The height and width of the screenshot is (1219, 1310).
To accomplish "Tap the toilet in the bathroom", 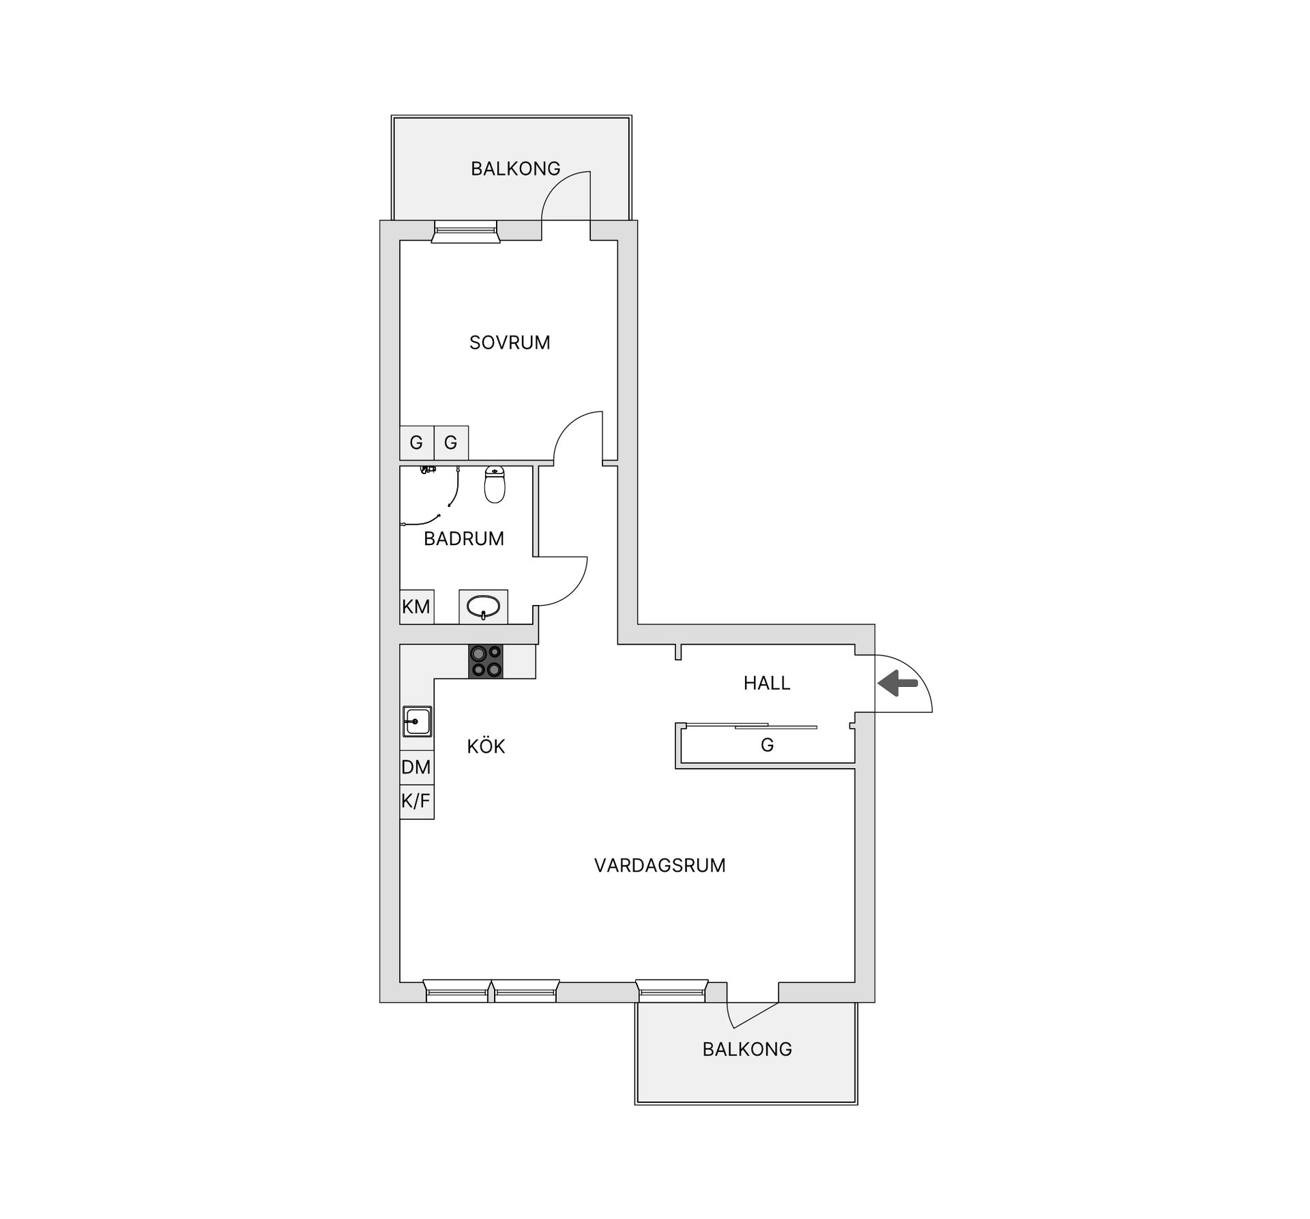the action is coord(495,484).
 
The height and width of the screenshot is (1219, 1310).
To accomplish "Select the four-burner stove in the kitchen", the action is coord(485,661).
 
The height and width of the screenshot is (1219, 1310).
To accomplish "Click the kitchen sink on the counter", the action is coord(417,721).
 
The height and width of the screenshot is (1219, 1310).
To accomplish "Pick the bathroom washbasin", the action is coord(483,606).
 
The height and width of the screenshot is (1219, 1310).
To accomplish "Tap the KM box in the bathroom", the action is coord(416,606).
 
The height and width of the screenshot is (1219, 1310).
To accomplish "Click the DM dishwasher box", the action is coord(416,767).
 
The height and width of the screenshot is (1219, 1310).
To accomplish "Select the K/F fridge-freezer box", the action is coord(416,801).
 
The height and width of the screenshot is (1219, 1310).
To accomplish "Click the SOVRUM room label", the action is coord(510,342).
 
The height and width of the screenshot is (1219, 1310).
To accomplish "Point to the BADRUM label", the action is coord(464,539).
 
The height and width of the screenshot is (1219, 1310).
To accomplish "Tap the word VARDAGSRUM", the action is coord(660,866).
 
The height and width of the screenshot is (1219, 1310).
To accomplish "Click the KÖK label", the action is coord(486,746).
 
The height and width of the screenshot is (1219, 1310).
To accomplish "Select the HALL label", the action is coord(767,683).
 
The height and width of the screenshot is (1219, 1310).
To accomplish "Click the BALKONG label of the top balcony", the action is coord(515,168).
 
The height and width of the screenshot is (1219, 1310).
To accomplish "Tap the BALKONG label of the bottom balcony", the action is coord(747,1049).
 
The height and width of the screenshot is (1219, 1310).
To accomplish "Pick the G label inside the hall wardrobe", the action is coord(767,746).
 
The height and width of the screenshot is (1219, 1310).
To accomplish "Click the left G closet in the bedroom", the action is coord(416,443).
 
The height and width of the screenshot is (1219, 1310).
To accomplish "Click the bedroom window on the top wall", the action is coord(466,231).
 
